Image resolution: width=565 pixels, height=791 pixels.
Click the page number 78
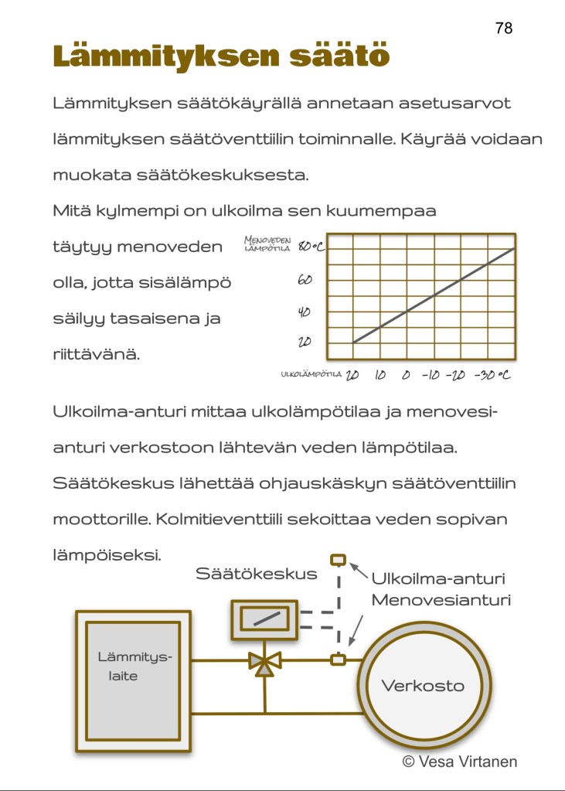503,28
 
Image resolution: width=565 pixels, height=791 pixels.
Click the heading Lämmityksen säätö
220,57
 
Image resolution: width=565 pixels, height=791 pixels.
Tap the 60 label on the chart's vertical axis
305,279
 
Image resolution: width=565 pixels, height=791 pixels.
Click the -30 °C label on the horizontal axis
492,375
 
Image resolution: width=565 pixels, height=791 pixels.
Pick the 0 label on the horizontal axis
406,375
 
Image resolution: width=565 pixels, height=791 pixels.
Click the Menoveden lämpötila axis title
267,245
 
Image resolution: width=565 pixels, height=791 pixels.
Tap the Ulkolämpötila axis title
311,374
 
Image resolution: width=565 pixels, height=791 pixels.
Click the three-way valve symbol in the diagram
264,662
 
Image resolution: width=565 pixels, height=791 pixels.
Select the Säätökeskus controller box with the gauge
265,620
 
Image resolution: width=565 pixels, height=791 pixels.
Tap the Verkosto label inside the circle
423,686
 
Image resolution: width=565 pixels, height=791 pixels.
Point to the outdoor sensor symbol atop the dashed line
338,560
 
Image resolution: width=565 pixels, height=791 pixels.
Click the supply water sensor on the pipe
338,660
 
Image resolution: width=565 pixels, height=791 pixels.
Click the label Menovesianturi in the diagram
441,599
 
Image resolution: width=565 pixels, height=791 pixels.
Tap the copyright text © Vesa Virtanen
459,762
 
